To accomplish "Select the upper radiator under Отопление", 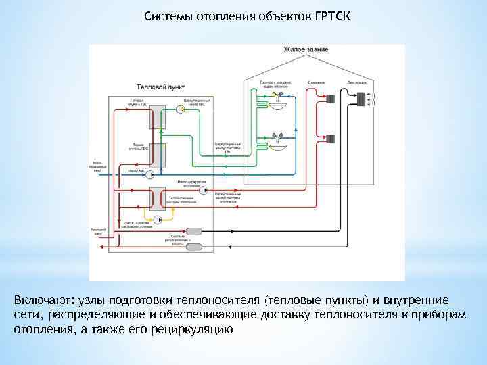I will (331, 99).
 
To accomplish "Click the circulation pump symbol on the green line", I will (180, 108).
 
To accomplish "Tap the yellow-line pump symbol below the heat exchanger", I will (158, 220).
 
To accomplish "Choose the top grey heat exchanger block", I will (158, 116).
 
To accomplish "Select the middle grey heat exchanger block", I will (158, 155).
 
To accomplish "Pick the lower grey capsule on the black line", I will (193, 247).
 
